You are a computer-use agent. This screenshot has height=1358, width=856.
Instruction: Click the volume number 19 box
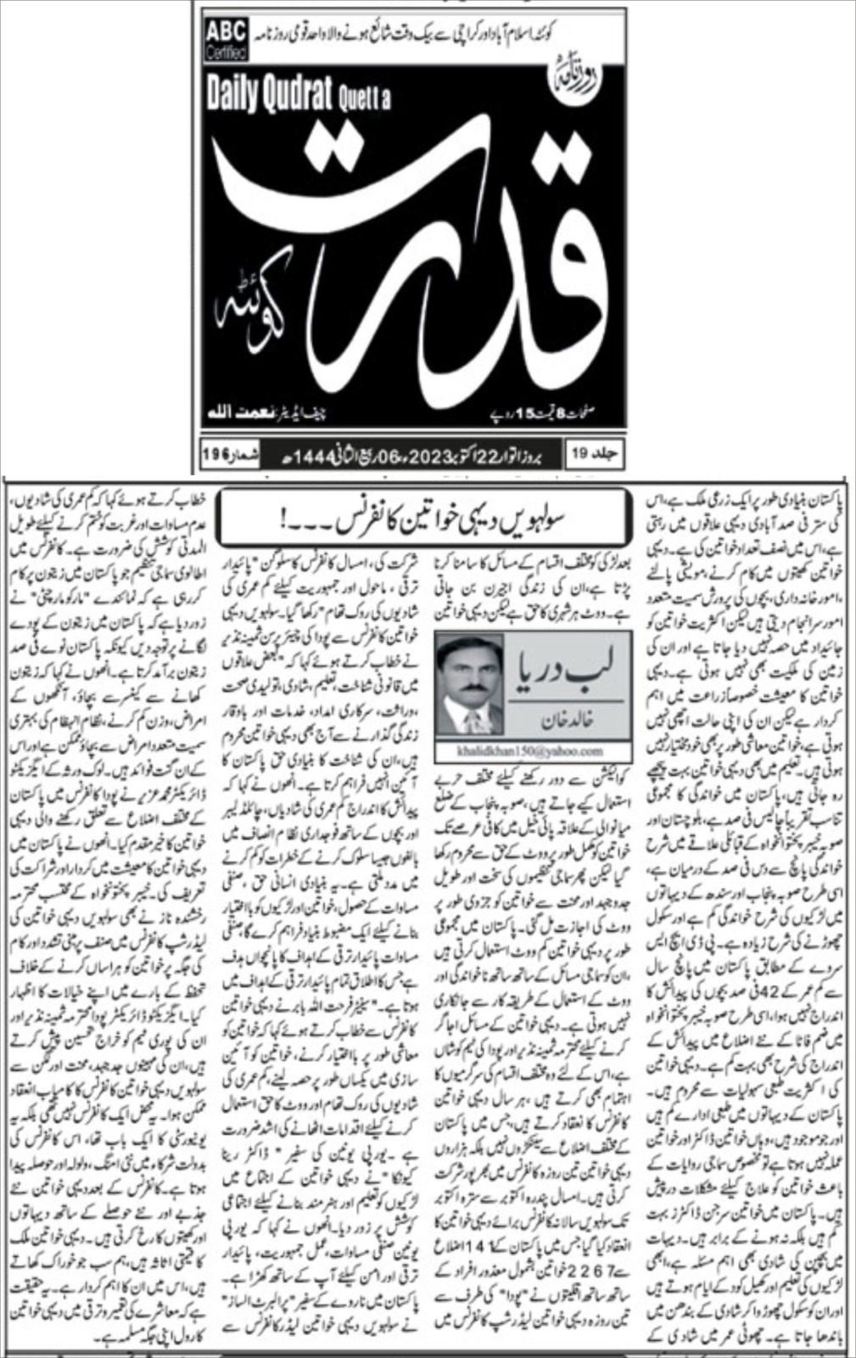597,454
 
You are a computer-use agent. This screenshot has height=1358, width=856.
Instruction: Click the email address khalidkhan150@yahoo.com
532,751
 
